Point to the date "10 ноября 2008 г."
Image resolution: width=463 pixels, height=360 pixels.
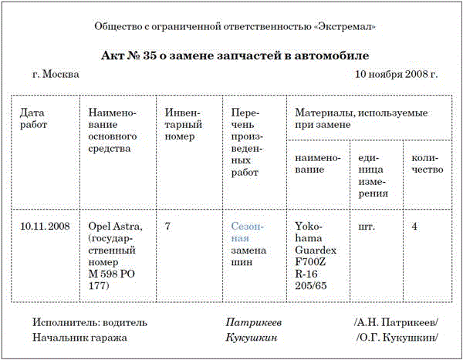point(396,76)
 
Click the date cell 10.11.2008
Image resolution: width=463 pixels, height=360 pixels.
point(46,227)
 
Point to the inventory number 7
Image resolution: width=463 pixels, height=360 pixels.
point(168,227)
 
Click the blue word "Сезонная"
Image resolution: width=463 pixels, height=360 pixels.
point(248,233)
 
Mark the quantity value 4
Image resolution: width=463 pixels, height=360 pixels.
point(415,227)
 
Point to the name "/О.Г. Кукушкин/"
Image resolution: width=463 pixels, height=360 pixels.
point(396,338)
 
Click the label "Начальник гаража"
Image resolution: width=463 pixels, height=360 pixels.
point(80,338)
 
